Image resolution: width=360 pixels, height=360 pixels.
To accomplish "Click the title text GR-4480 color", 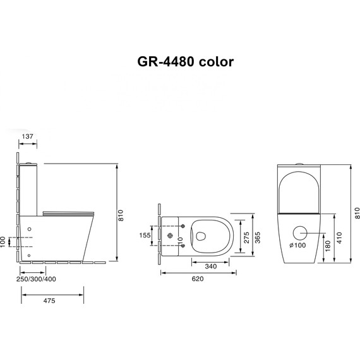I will click(186, 62).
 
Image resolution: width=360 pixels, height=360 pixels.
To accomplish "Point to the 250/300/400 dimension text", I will click(36, 279).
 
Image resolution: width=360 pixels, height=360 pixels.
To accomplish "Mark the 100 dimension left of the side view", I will click(4, 241).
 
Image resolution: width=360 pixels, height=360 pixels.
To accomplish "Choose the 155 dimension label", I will click(145, 236).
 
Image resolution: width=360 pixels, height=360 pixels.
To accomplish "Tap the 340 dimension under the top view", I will click(211, 267).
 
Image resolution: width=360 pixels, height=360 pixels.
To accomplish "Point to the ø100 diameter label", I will click(297, 245).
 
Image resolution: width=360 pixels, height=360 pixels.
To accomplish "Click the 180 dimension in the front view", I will click(327, 245).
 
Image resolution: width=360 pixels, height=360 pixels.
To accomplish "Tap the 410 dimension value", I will click(340, 238).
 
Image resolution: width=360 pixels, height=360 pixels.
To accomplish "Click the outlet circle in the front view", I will click(301, 231).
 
